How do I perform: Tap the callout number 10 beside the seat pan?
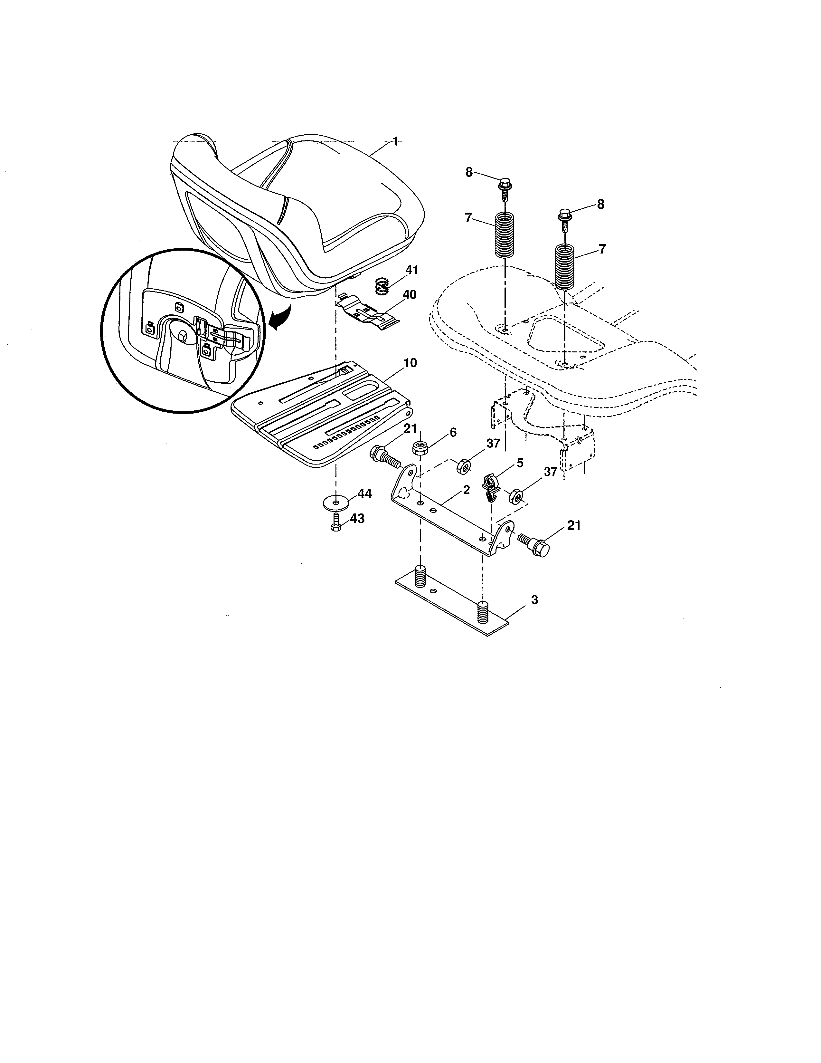410,363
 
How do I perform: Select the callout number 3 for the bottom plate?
534,600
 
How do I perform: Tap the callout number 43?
357,519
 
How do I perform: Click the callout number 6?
453,432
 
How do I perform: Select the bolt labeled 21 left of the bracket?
384,456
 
